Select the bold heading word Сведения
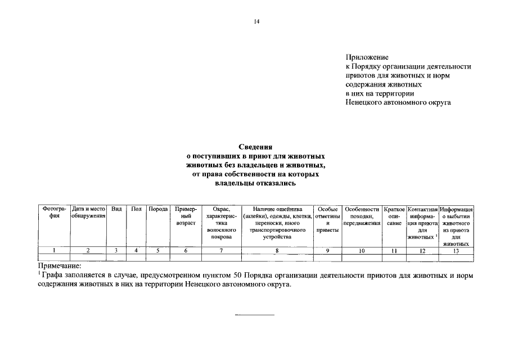[x=255, y=147]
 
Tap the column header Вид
[x=116, y=209]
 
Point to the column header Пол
[x=136, y=209]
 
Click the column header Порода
[x=158, y=209]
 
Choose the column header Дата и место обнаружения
[x=88, y=213]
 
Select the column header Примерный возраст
[x=186, y=216]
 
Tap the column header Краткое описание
[x=394, y=216]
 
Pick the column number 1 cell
[x=54, y=251]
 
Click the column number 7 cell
[x=222, y=251]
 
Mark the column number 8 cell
[x=277, y=251]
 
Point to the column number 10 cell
[x=362, y=251]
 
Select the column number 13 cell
[x=456, y=251]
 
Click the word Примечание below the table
[x=60, y=265]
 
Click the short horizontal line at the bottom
[x=255, y=314]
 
